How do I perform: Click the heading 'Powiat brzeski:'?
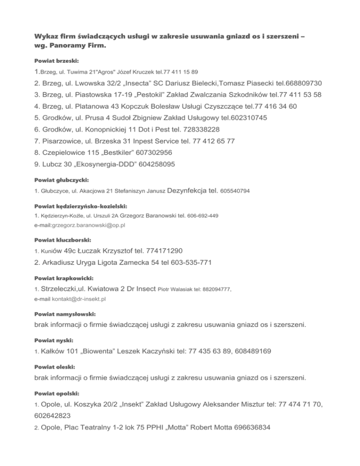coord(57,61)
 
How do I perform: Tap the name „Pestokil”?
coord(144,94)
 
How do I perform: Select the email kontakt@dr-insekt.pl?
coord(78,298)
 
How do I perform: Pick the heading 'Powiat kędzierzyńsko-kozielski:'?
coord(81,206)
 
